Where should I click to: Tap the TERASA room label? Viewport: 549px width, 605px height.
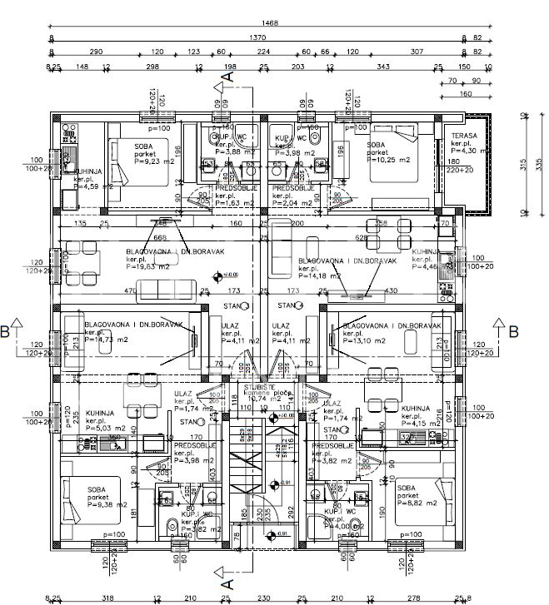464,135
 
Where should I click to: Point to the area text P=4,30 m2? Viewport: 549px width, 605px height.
467,151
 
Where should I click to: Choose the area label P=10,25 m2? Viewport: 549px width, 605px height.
392,162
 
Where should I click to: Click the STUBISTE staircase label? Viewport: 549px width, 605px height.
261,388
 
